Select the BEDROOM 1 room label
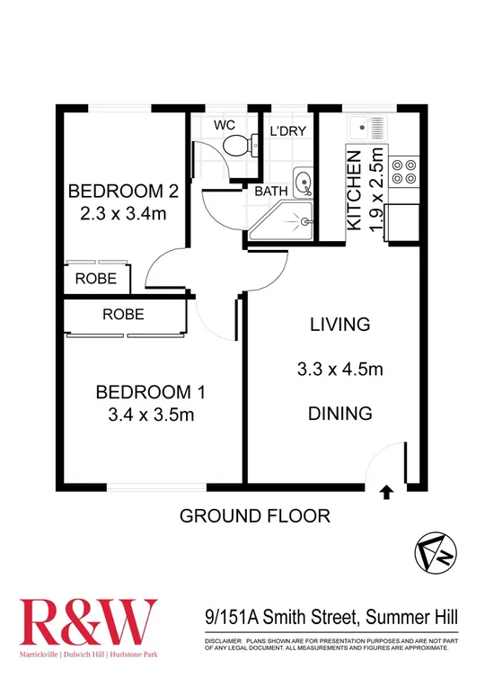pyautogui.click(x=150, y=391)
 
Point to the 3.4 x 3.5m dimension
pyautogui.click(x=151, y=415)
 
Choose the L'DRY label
pyautogui.click(x=287, y=131)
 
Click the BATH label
pyautogui.click(x=271, y=192)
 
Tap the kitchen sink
pyautogui.click(x=368, y=127)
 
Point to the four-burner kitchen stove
pyautogui.click(x=403, y=173)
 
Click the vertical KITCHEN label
pyautogui.click(x=355, y=189)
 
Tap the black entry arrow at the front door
pyautogui.click(x=386, y=492)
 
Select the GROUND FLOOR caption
pyautogui.click(x=255, y=516)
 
